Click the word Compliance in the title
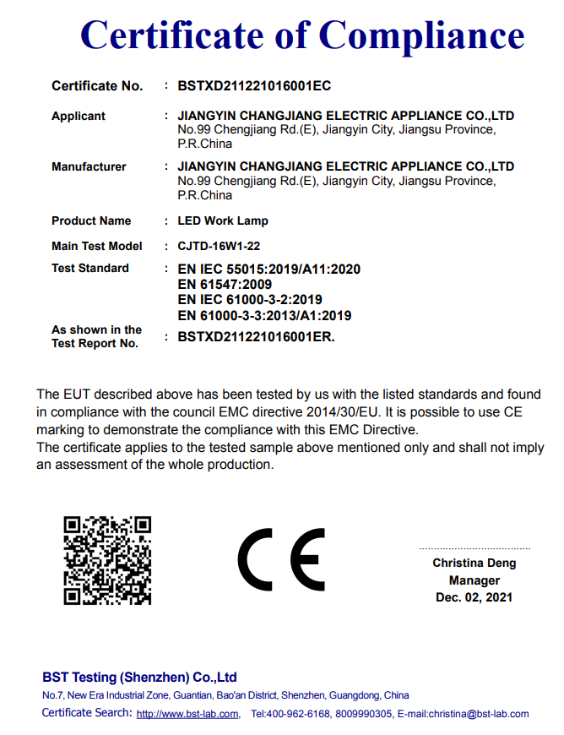pos(422,35)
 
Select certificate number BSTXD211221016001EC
pos(253,86)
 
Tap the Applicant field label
pos(79,116)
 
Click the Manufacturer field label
pos(89,166)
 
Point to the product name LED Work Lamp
pos(223,220)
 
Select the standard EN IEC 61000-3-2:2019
pos(250,300)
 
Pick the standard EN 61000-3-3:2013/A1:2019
pos(264,316)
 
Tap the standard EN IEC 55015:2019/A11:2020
pos(269,269)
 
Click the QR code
pos(107,560)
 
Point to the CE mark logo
pos(281,560)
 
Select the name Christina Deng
pos(474,563)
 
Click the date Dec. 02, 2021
pos(474,597)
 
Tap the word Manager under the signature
pos(474,580)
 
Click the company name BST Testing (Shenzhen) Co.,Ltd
pos(139,678)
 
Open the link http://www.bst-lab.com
pos(187,714)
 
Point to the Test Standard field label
pos(90,268)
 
